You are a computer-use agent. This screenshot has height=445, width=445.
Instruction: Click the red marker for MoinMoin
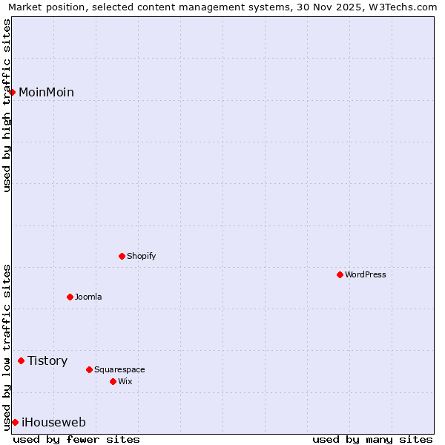tap(13, 92)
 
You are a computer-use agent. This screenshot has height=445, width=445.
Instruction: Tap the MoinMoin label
tap(46, 92)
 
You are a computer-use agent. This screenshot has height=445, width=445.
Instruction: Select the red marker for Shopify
tap(122, 256)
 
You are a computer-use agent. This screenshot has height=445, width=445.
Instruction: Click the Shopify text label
tap(141, 256)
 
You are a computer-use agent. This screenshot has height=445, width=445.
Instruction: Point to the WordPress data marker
tap(340, 274)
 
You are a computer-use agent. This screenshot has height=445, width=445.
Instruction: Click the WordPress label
tap(365, 274)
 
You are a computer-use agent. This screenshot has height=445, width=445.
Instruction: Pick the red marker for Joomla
tap(70, 297)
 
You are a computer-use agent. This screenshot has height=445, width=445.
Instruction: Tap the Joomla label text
tap(88, 297)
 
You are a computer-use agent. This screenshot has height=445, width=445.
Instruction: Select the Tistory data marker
tap(21, 360)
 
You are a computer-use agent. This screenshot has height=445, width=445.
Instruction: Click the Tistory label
tap(47, 360)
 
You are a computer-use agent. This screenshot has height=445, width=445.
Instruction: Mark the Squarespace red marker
tap(89, 369)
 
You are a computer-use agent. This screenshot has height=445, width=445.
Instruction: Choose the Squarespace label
tap(119, 369)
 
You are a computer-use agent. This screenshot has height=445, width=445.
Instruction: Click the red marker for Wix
tap(113, 381)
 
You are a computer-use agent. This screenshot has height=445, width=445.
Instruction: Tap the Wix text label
tap(125, 381)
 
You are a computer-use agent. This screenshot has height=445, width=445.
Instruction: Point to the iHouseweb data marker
tap(15, 422)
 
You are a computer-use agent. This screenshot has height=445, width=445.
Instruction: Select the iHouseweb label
tap(53, 422)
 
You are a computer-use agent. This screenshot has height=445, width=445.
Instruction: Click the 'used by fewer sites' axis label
tap(76, 439)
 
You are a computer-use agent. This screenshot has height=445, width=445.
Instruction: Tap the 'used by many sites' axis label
tap(372, 439)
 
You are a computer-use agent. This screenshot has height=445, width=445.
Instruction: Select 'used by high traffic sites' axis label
tap(7, 105)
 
